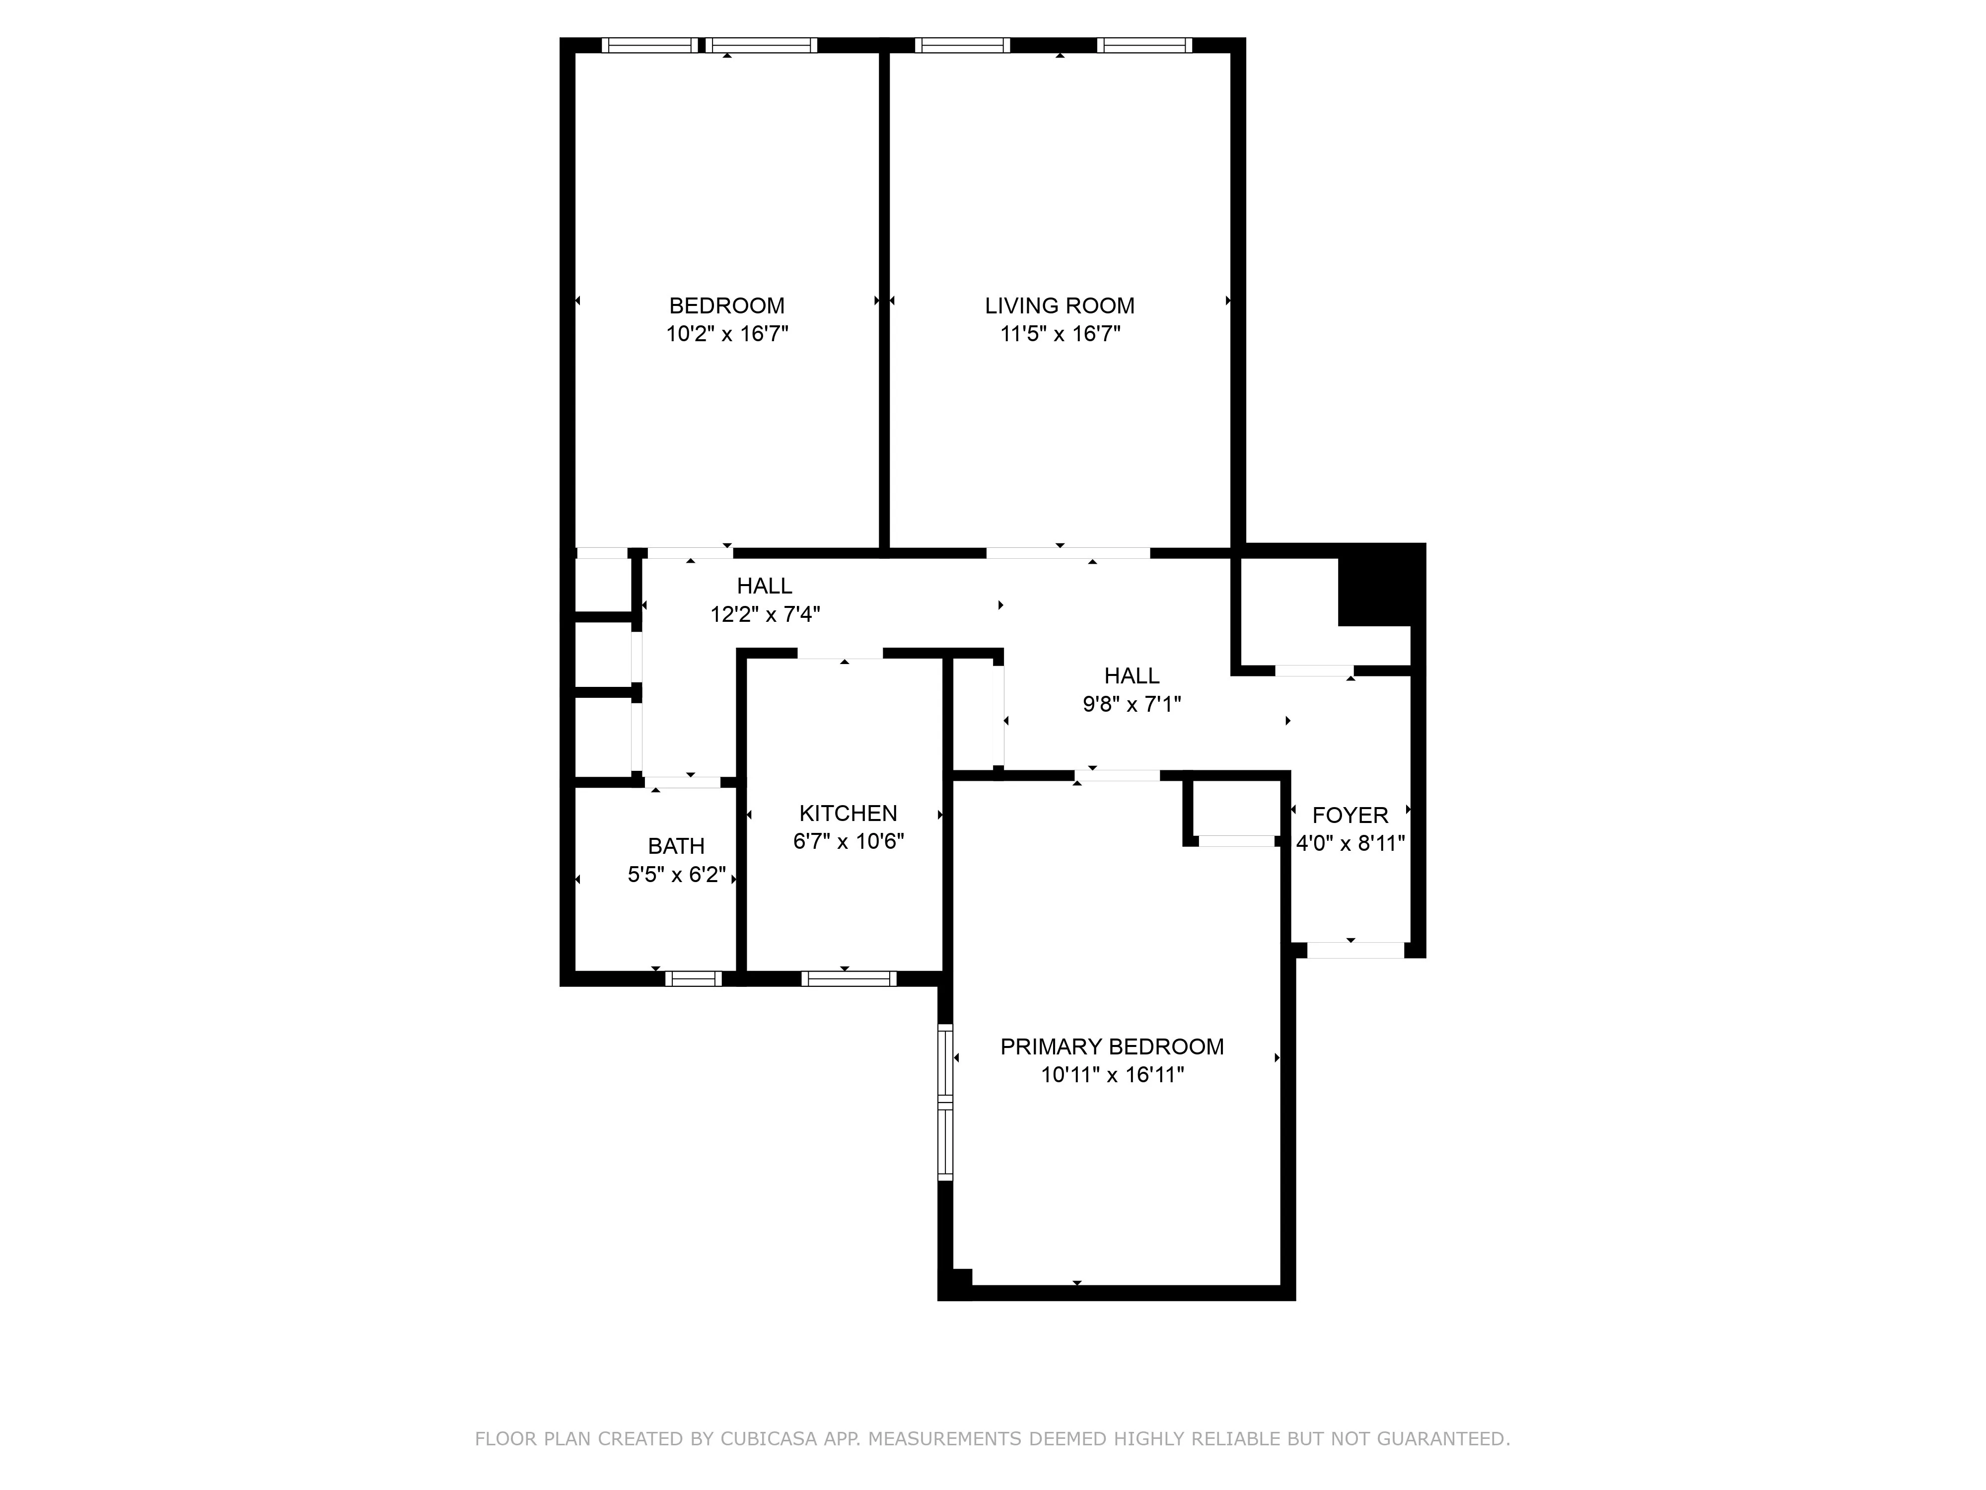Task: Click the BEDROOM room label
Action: pyautogui.click(x=726, y=305)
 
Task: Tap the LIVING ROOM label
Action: pyautogui.click(x=1060, y=305)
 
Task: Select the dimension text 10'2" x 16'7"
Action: pyautogui.click(x=726, y=334)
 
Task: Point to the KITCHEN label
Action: pyautogui.click(x=848, y=813)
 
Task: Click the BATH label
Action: pyautogui.click(x=676, y=846)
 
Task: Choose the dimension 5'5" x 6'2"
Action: pyautogui.click(x=676, y=875)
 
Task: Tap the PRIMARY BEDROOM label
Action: pyautogui.click(x=1112, y=1046)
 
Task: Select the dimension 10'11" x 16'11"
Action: pyautogui.click(x=1112, y=1075)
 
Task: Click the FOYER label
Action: pyautogui.click(x=1349, y=816)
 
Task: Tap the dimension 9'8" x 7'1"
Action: pyautogui.click(x=1131, y=704)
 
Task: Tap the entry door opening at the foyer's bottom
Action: pyautogui.click(x=1355, y=950)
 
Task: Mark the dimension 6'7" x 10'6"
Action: pyautogui.click(x=848, y=841)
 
